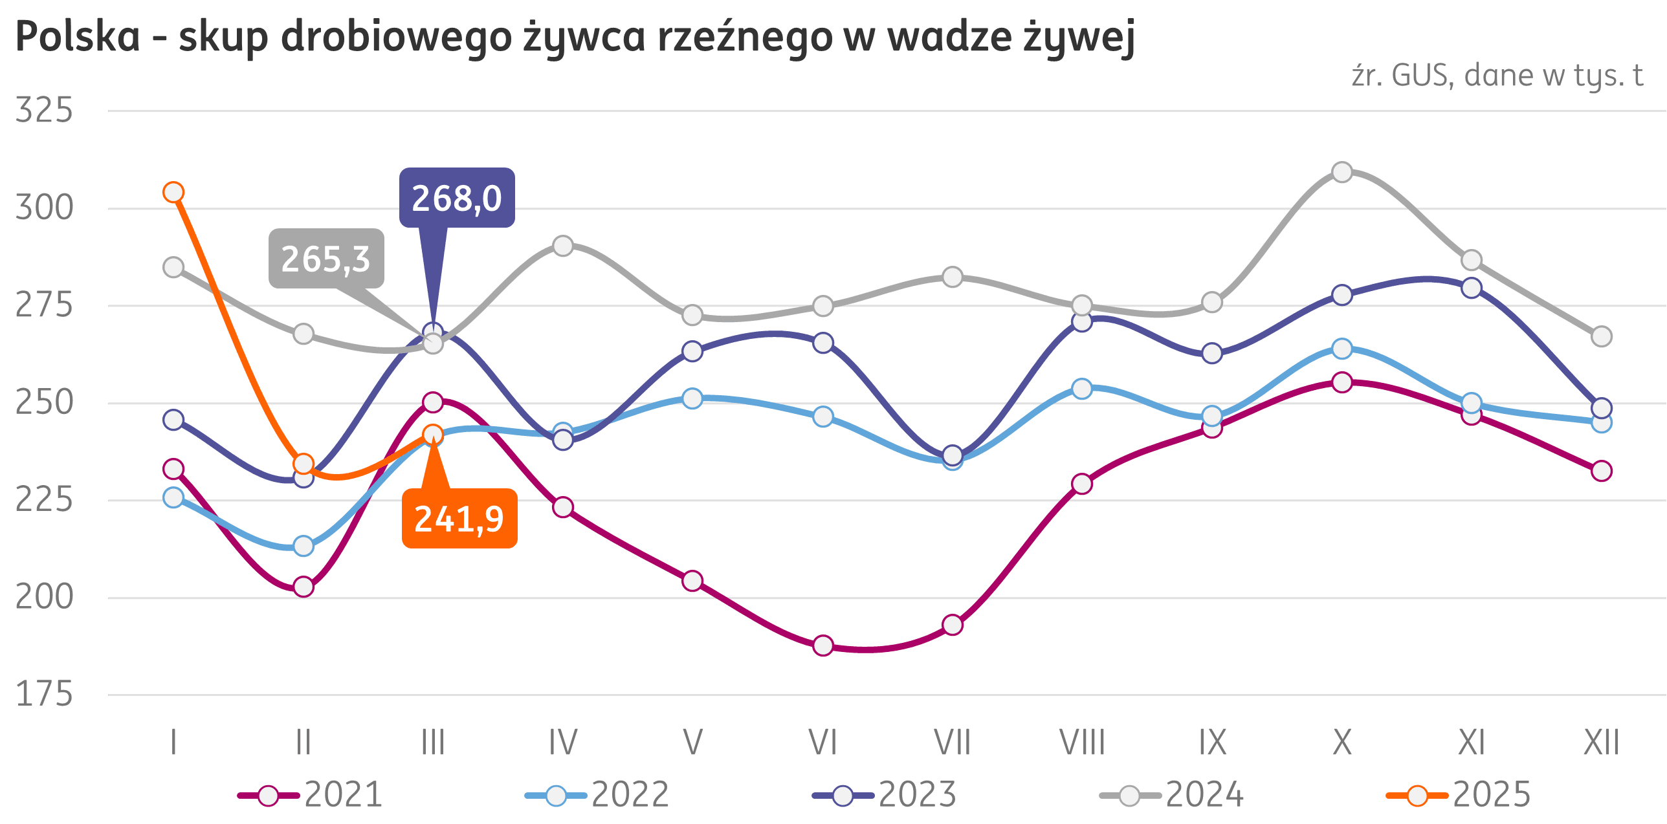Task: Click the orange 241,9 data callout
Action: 459,518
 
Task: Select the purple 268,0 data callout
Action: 456,198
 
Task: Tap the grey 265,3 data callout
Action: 326,259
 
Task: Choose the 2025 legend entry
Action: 1459,795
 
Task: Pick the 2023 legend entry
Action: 885,795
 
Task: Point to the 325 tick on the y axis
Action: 44,110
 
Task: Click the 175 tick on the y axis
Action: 44,695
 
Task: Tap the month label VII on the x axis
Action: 952,743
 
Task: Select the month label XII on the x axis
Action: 1601,743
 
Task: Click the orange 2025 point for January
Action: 173,192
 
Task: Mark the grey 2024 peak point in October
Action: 1342,172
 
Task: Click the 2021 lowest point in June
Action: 822,645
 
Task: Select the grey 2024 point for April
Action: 563,246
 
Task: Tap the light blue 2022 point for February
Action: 304,546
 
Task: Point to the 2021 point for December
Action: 1601,471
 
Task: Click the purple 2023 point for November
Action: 1472,288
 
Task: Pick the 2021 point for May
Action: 692,581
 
